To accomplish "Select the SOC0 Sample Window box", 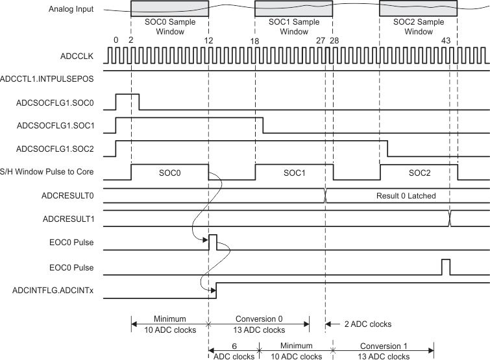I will [169, 9].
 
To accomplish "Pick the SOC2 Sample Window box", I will [419, 9].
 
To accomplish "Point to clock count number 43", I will [445, 40].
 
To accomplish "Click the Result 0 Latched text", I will [405, 195].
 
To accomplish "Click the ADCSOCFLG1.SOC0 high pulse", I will [127, 101].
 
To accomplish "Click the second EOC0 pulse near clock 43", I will [445, 265].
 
